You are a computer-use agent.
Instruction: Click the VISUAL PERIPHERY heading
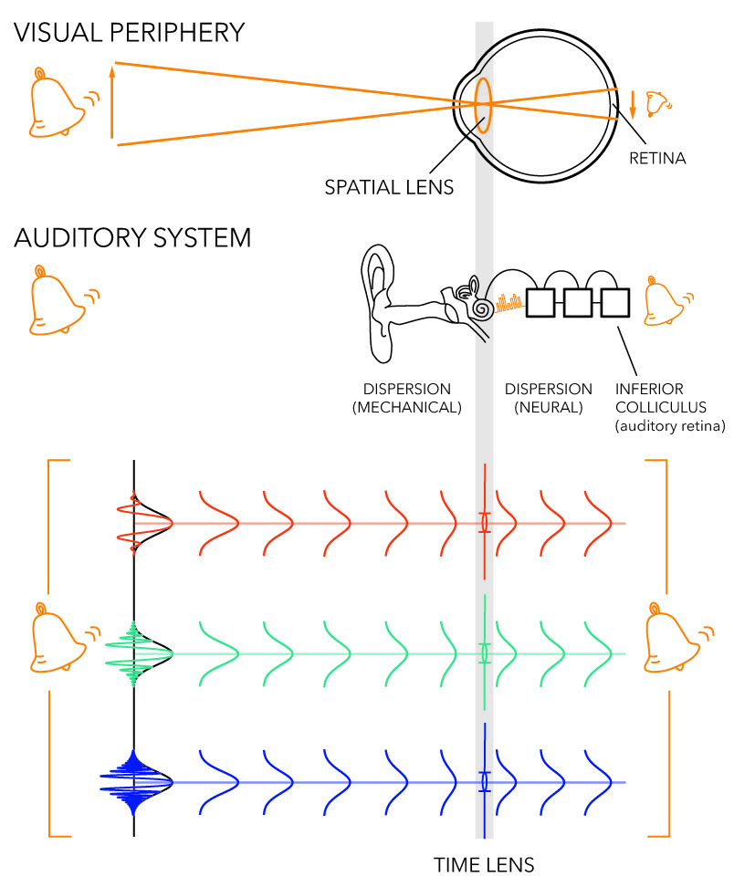(x=129, y=33)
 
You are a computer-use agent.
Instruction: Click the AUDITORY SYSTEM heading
(x=132, y=239)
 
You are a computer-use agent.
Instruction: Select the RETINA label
(x=657, y=159)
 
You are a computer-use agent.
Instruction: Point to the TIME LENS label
(x=484, y=862)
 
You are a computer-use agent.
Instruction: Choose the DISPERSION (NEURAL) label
(x=548, y=398)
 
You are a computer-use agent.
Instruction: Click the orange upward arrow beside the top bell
(x=110, y=100)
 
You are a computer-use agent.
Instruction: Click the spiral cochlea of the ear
(x=480, y=305)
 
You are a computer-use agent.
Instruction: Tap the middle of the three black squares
(x=576, y=302)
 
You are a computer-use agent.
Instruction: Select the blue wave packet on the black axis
(x=136, y=783)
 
